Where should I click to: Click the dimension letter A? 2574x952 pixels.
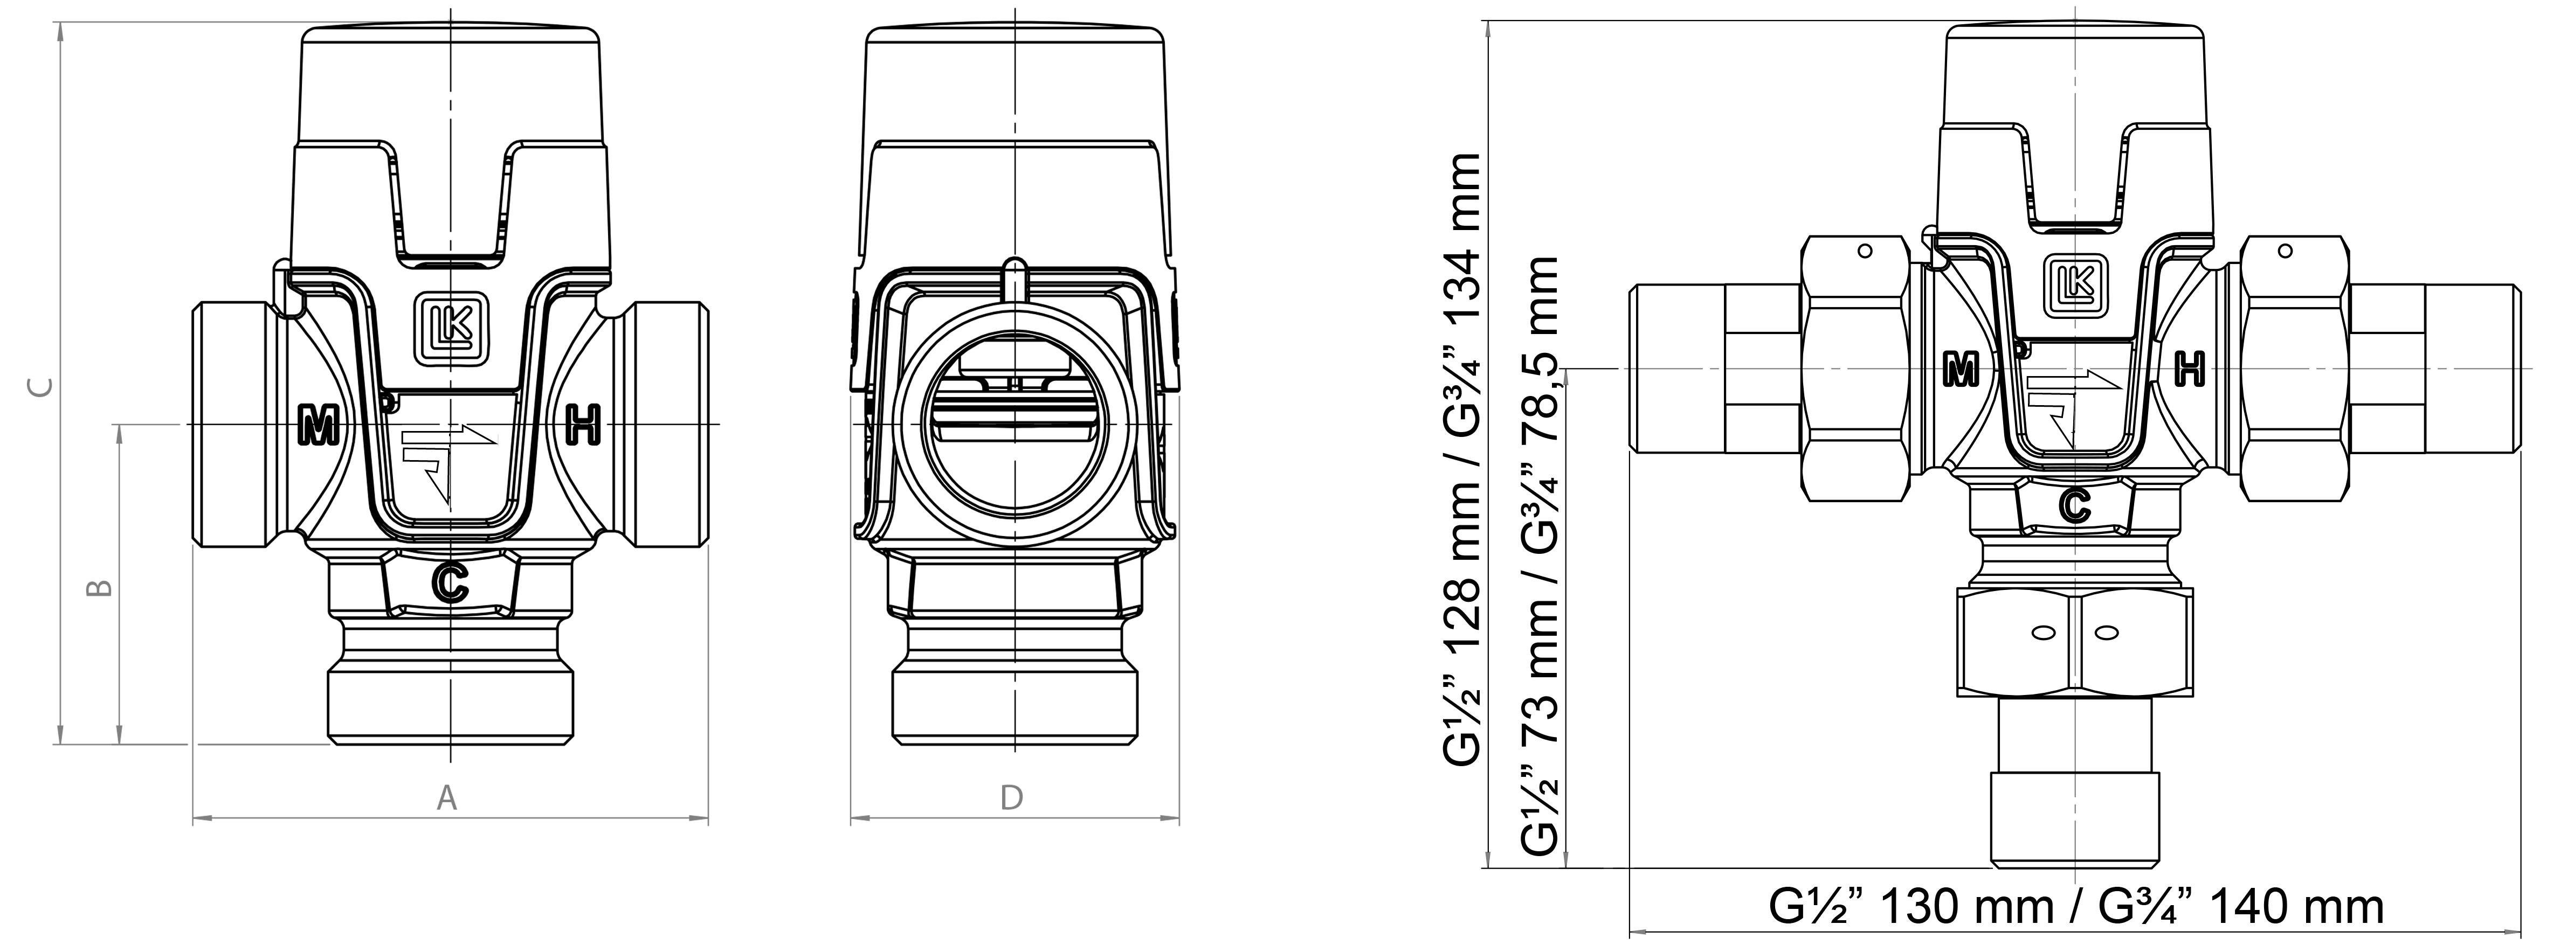447,798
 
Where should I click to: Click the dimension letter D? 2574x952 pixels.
1011,798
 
